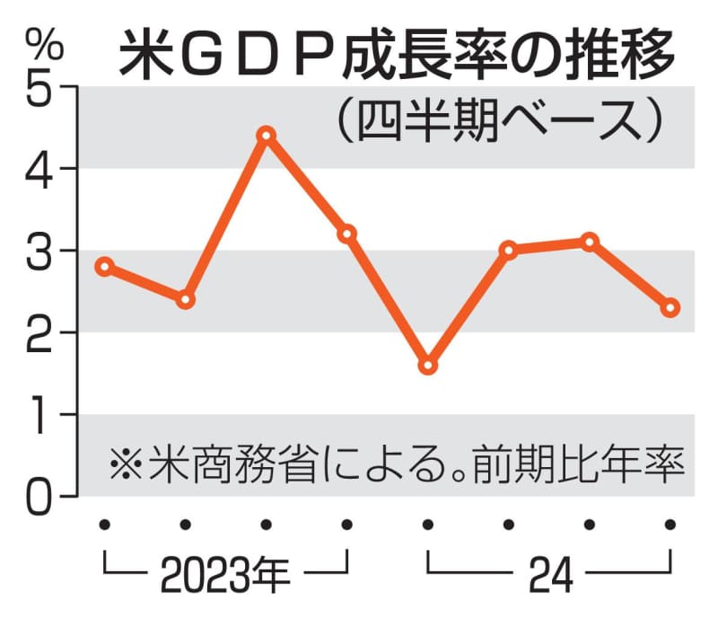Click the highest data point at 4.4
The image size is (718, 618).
point(266,136)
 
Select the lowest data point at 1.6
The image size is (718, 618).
point(428,366)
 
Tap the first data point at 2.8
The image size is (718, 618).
point(104,267)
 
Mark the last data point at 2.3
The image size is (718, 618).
point(670,308)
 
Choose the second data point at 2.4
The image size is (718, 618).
point(185,299)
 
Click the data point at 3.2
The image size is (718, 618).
point(346,234)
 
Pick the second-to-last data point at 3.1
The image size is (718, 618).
point(590,242)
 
